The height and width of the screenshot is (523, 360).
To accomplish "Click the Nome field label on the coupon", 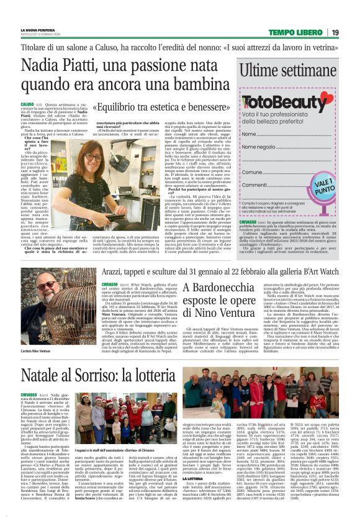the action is point(248,134).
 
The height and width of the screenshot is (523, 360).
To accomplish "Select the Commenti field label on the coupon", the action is point(253,184).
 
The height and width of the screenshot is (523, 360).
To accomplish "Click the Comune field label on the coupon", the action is point(251,172).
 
